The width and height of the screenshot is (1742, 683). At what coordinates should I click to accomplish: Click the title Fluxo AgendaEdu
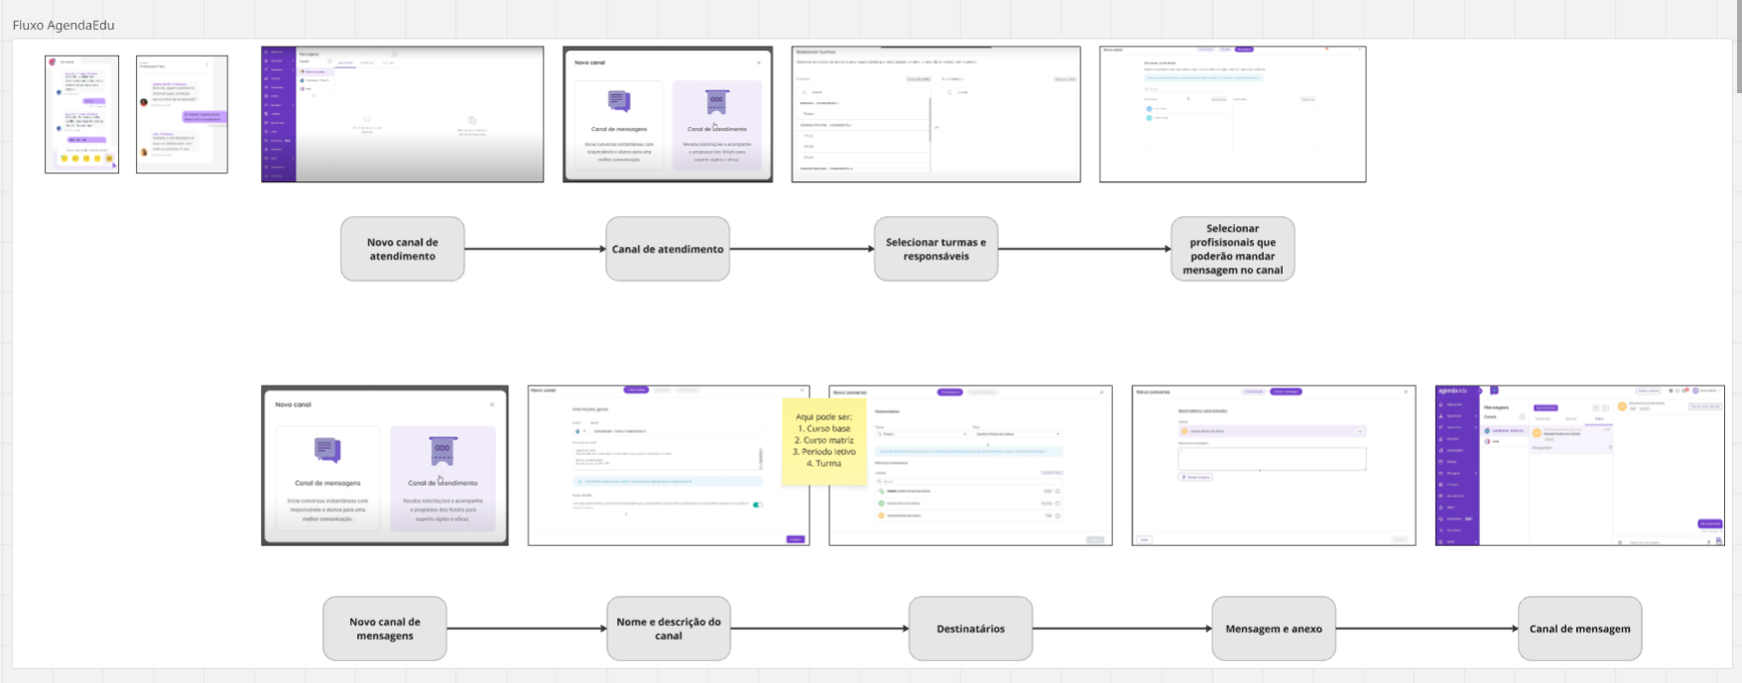(x=63, y=25)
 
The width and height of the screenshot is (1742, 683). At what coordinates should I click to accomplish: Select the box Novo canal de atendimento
(x=402, y=249)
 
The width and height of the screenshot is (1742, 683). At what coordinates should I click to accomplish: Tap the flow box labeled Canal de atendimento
(x=667, y=249)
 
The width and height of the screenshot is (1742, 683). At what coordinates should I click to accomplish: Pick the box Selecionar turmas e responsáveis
(x=935, y=249)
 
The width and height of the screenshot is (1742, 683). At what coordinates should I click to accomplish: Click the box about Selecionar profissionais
(x=1232, y=249)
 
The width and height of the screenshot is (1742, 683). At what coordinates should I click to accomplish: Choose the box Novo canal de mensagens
(x=384, y=628)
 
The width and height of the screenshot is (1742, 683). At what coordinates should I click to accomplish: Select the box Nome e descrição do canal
(x=668, y=628)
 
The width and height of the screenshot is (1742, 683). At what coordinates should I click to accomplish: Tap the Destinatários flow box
(x=970, y=628)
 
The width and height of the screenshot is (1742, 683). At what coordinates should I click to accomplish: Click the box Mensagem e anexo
(x=1273, y=628)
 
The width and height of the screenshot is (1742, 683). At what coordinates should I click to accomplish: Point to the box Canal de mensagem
(x=1579, y=628)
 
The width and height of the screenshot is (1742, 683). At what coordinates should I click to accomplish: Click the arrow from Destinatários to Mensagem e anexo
(x=1121, y=628)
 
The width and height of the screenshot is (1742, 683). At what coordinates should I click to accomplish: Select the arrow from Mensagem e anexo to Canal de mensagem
(x=1427, y=628)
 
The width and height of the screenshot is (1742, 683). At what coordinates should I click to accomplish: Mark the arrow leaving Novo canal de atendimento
(x=535, y=249)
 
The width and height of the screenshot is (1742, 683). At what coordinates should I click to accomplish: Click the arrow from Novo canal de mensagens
(x=526, y=628)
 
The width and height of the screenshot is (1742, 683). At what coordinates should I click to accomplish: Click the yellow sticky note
(x=823, y=441)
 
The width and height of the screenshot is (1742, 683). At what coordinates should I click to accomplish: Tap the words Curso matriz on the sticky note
(x=828, y=440)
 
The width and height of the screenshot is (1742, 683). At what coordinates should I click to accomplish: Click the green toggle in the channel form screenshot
(x=757, y=505)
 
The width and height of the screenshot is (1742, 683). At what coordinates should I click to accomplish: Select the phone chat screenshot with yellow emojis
(x=81, y=114)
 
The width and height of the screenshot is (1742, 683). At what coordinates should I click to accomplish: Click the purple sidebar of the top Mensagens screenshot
(x=278, y=114)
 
